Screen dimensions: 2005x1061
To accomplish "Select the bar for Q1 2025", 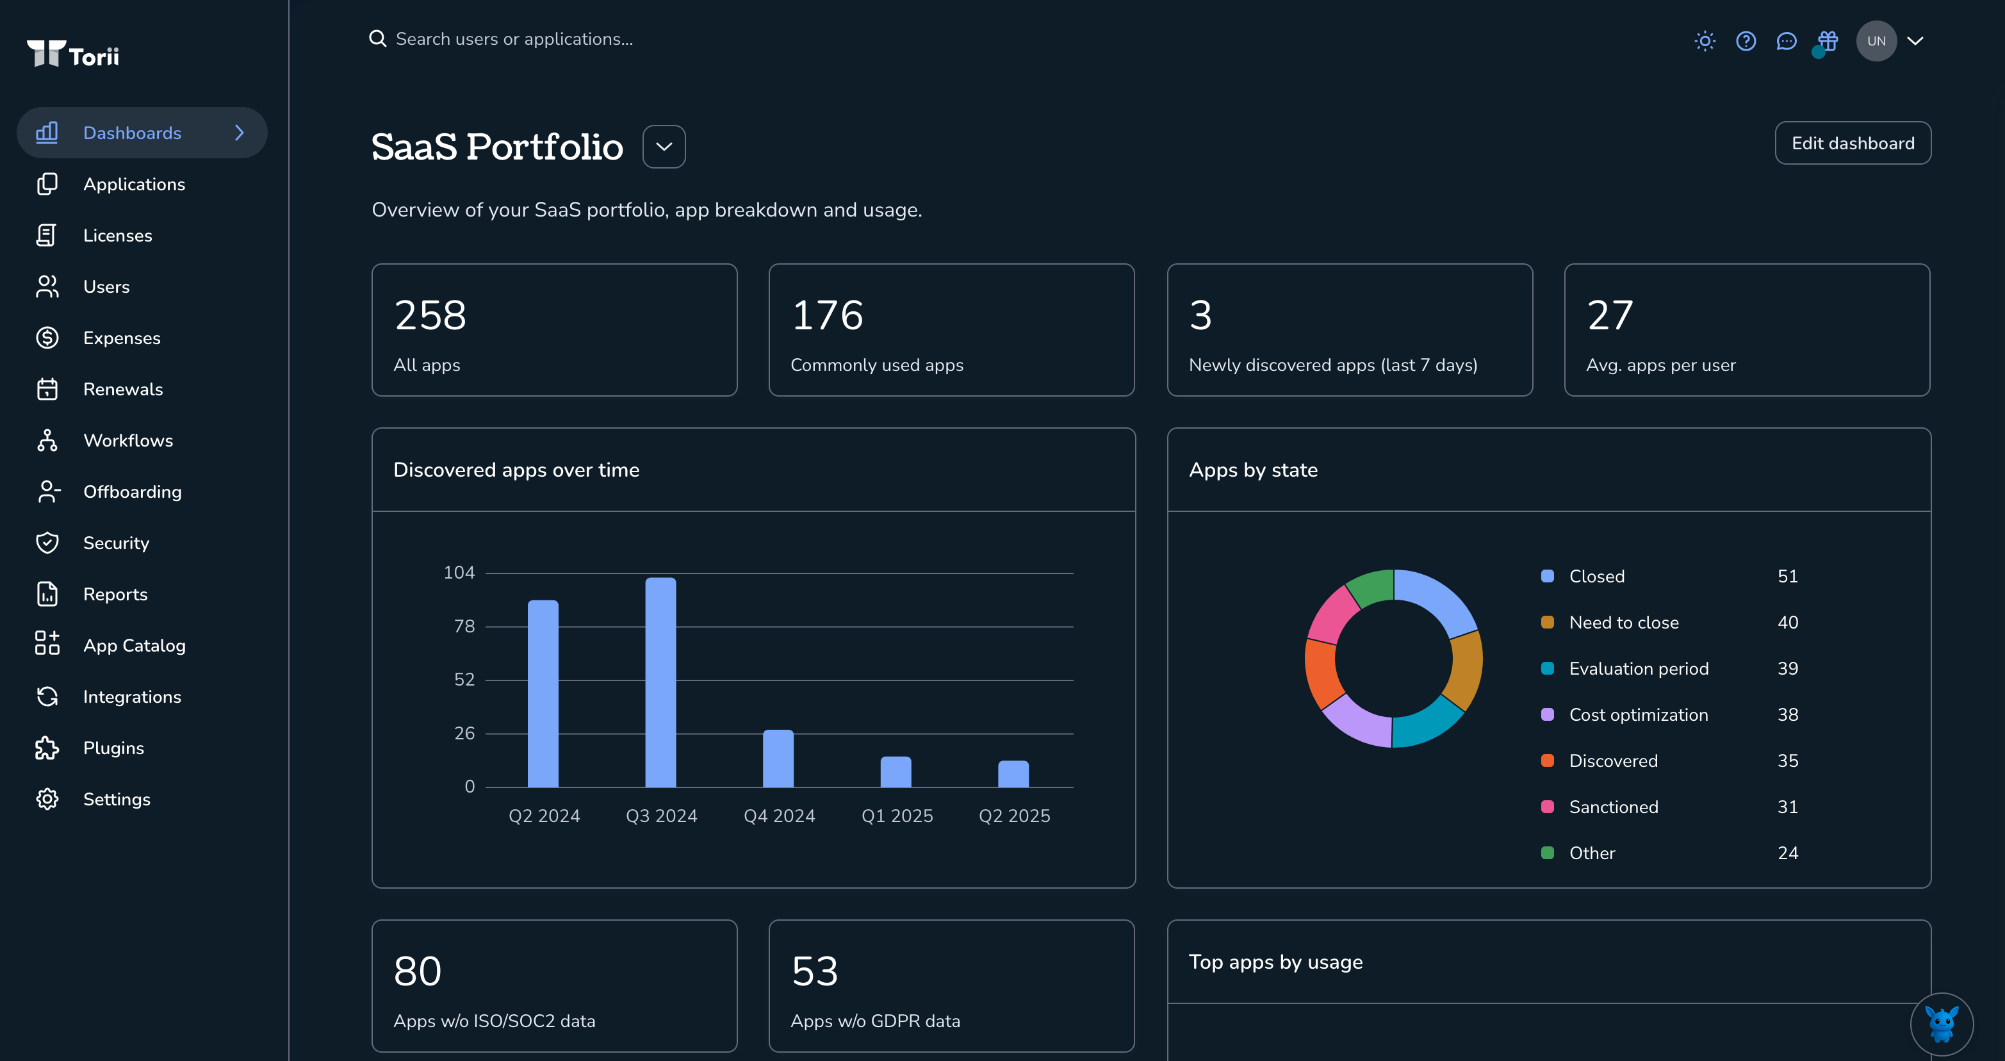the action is coord(896,771).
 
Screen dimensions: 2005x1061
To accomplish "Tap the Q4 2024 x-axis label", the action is coord(779,816).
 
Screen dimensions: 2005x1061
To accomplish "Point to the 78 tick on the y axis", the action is coord(464,626).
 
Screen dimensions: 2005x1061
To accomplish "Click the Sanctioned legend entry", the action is coord(1613,807).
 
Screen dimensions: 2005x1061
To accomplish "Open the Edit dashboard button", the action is coord(1853,144).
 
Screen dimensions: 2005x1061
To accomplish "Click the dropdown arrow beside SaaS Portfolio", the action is coord(664,146).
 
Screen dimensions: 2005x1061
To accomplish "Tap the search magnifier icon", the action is coord(377,39).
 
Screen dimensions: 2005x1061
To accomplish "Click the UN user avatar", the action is coord(1876,40).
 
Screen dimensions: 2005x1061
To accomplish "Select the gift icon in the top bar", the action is coord(1828,40).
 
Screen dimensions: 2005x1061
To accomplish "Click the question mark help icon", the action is coord(1746,40).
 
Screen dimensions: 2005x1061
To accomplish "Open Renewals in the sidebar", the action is coord(123,389).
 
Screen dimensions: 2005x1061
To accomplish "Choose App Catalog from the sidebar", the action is coord(134,645).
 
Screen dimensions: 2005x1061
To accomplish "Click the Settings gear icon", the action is coord(47,799).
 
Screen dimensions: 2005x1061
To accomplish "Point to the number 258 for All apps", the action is coord(430,315).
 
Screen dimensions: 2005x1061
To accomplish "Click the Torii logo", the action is coord(73,54).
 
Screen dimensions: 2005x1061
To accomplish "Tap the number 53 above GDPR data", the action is coord(815,971).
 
